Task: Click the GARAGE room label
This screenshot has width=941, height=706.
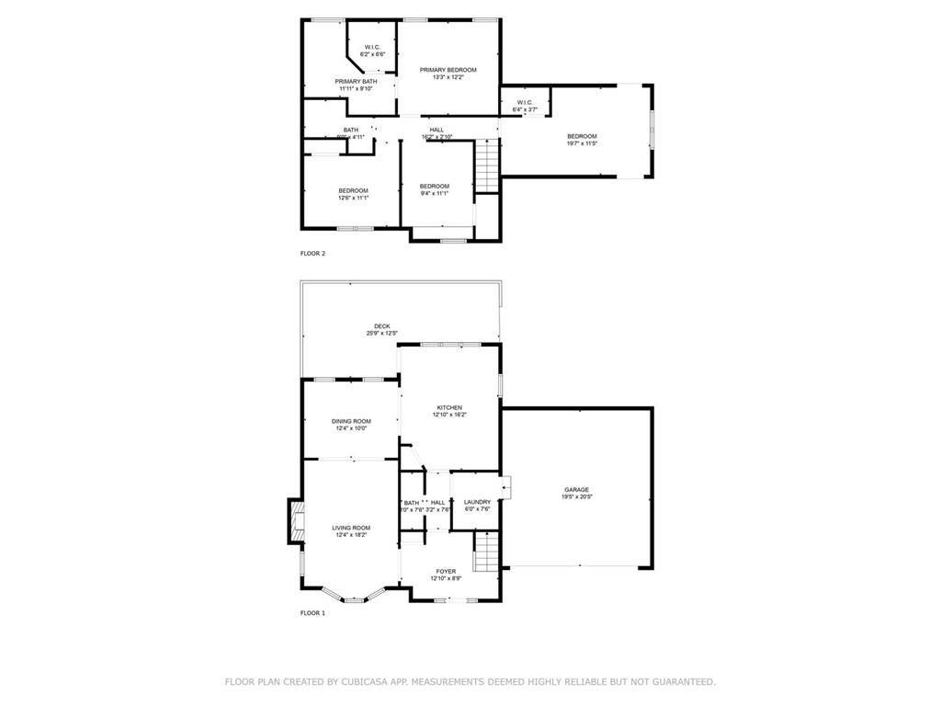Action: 576,489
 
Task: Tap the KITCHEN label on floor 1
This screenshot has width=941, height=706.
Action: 448,407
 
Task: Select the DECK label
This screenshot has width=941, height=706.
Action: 381,326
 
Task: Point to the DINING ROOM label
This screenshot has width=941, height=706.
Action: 350,421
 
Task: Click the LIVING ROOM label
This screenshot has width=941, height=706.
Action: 350,528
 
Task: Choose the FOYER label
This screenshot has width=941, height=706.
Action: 445,571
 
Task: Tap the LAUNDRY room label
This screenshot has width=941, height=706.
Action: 477,502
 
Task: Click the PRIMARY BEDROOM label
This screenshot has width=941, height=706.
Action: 448,70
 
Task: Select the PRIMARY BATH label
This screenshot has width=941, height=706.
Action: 356,82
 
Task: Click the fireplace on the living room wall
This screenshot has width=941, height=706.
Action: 296,521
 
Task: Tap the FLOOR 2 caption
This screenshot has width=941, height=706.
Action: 313,253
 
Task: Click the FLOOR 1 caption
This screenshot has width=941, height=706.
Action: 313,612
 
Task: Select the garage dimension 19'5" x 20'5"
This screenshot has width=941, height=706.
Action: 576,497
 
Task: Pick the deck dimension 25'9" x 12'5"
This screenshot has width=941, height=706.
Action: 381,334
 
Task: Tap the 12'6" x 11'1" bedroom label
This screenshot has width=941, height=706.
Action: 353,190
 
